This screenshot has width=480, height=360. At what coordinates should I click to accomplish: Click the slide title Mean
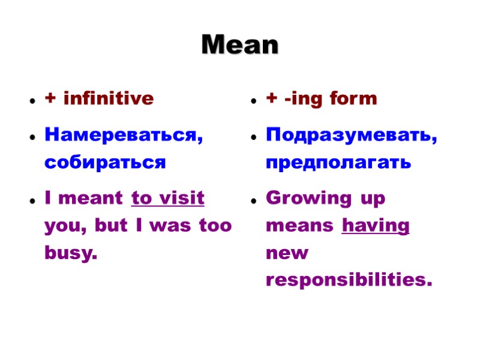240,45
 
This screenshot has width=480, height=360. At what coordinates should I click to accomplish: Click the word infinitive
108,98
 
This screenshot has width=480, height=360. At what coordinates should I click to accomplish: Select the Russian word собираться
104,162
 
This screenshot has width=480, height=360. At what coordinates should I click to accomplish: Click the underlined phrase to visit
167,198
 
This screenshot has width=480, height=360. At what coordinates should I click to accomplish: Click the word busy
70,253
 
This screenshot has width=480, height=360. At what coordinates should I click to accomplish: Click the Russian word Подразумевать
351,136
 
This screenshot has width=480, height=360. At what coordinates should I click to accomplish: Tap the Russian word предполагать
338,162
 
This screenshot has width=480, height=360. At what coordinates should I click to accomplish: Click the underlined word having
375,226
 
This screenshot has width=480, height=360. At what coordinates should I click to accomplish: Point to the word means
300,227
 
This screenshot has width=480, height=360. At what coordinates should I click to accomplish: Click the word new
287,253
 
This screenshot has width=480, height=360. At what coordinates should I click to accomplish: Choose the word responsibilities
348,280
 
